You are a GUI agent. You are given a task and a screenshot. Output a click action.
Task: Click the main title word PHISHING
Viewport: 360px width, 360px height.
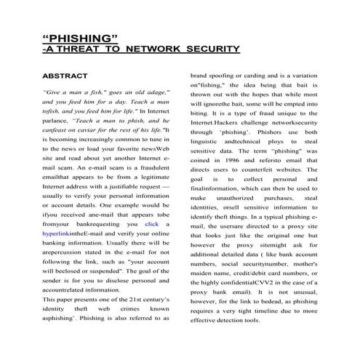(81, 37)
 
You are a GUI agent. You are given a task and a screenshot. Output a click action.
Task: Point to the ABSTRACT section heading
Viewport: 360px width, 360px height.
(65, 76)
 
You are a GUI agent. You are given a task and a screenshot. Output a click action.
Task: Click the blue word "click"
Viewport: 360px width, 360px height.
(152, 225)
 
